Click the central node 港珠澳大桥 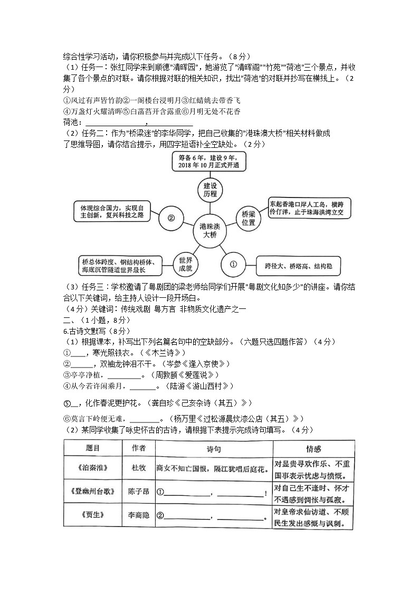click(x=209, y=230)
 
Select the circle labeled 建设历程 click(x=210, y=189)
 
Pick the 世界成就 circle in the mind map click(x=185, y=264)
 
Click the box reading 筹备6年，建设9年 click(x=209, y=162)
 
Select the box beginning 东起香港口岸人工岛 click(x=307, y=209)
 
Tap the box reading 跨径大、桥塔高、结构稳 click(x=298, y=266)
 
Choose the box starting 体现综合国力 click(x=112, y=211)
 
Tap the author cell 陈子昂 click(x=139, y=492)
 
